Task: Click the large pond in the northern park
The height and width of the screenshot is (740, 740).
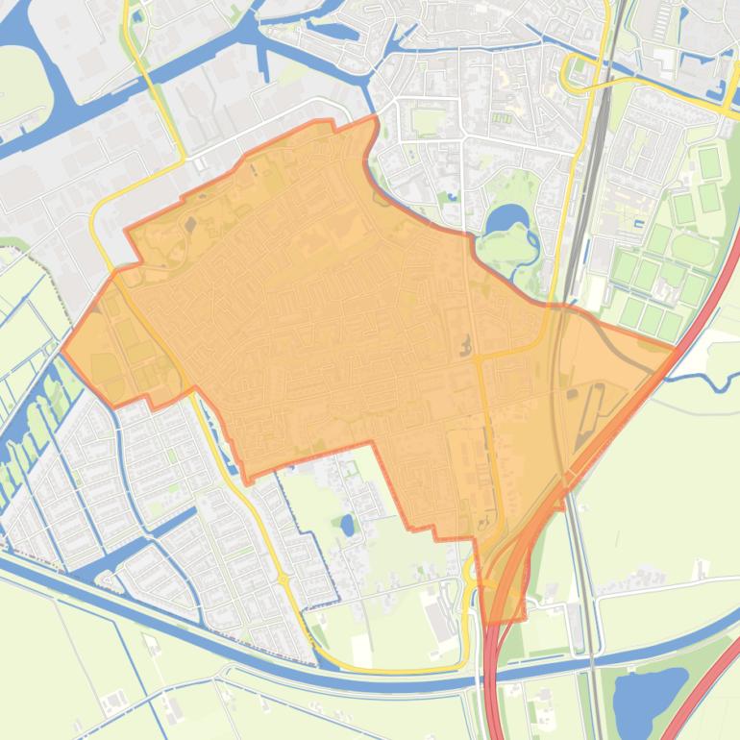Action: click(506, 221)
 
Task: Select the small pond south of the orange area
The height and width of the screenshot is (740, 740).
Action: click(347, 525)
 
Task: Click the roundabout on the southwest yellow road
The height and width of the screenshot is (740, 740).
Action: click(284, 580)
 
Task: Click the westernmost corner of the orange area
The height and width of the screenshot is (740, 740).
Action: click(62, 350)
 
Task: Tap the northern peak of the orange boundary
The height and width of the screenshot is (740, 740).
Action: click(373, 118)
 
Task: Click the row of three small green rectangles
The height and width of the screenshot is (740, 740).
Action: click(500, 118)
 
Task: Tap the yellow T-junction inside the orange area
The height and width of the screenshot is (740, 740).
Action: click(478, 358)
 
